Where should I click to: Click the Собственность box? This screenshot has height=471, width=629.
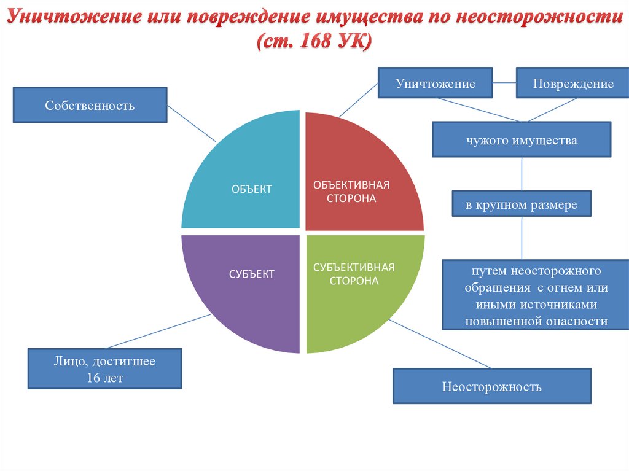point(90,105)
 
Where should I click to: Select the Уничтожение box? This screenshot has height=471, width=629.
point(435,84)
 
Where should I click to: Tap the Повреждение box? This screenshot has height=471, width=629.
point(572,84)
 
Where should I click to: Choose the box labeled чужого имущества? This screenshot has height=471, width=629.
point(522,141)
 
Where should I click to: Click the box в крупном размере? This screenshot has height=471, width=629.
point(522,205)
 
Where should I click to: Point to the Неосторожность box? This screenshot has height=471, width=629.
point(491,386)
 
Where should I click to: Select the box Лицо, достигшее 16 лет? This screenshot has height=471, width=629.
point(105,369)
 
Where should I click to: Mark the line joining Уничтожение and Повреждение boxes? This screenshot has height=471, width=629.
point(504,83)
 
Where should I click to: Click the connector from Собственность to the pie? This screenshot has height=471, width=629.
point(192,125)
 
